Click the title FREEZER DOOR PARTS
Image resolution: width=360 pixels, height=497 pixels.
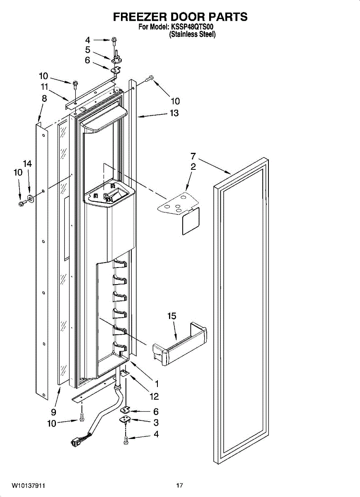click(x=180, y=17)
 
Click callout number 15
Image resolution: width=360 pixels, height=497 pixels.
click(x=172, y=316)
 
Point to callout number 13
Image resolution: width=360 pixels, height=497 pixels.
click(x=174, y=113)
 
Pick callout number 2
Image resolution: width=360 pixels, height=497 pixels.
click(x=193, y=167)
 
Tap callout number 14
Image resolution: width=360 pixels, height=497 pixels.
click(x=27, y=164)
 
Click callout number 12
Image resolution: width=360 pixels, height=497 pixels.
click(x=154, y=397)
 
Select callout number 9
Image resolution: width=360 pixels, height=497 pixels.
click(x=53, y=412)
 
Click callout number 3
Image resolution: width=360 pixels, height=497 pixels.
click(x=156, y=422)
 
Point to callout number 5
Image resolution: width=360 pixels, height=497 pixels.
click(x=87, y=50)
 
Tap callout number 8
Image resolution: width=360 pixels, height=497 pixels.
click(x=44, y=99)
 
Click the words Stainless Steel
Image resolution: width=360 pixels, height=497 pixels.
click(x=192, y=35)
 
